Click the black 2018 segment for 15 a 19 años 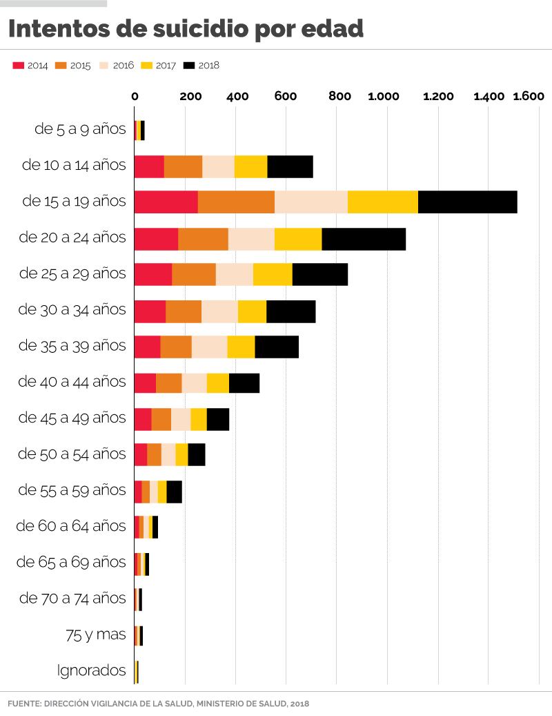point(467,201)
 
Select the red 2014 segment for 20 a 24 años point(156,238)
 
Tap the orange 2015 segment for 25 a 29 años point(194,274)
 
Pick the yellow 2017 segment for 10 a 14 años point(250,166)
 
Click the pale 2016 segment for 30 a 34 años point(219,311)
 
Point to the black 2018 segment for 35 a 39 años point(277,346)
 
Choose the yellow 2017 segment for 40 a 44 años point(217,382)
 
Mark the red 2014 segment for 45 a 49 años point(143,418)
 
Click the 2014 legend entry point(30,66)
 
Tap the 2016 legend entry point(117,66)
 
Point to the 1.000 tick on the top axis point(384,96)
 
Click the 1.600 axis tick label point(529,96)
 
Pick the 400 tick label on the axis point(237,96)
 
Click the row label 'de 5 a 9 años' point(80,129)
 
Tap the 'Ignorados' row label point(92,670)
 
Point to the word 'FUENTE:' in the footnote point(24,704)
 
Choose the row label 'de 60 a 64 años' point(71,526)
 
